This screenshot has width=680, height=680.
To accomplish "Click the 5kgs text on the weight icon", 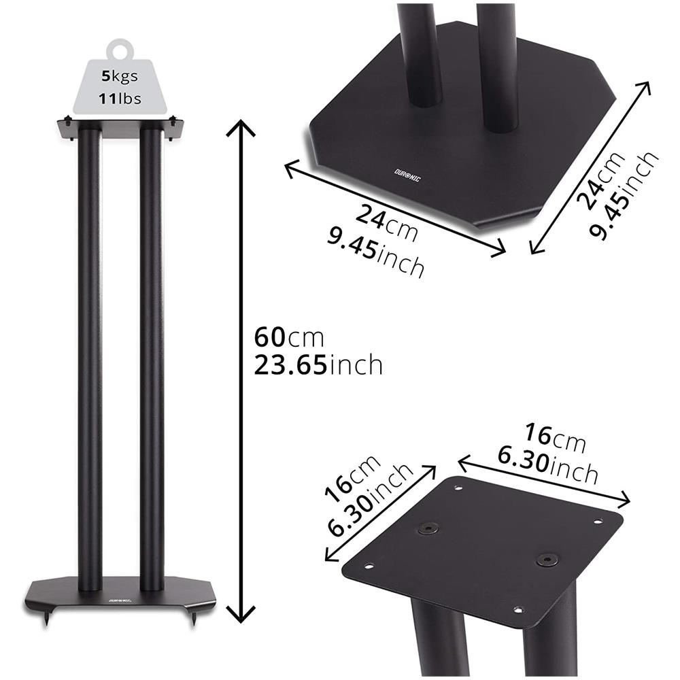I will click(x=122, y=77).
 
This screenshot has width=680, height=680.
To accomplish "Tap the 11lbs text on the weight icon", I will click(x=122, y=99).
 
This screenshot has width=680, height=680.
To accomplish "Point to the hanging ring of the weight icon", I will click(x=122, y=50).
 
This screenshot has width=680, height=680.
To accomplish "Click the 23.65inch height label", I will click(x=318, y=366).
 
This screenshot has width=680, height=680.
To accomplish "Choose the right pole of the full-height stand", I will click(x=151, y=354).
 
